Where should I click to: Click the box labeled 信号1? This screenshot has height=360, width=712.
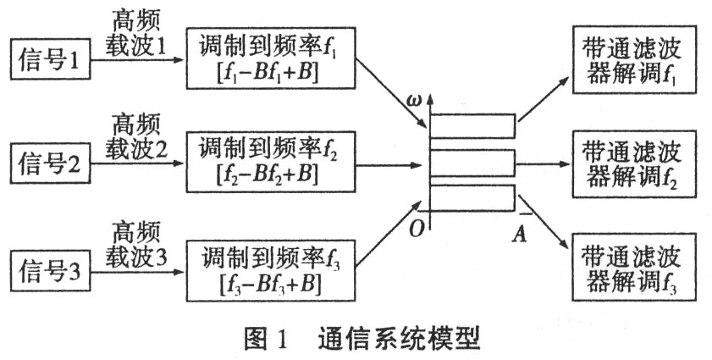[51, 61]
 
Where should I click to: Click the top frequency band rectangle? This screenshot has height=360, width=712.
[472, 126]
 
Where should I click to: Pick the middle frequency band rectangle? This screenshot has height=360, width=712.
[472, 162]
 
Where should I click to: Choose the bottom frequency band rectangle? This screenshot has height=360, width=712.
[472, 197]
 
